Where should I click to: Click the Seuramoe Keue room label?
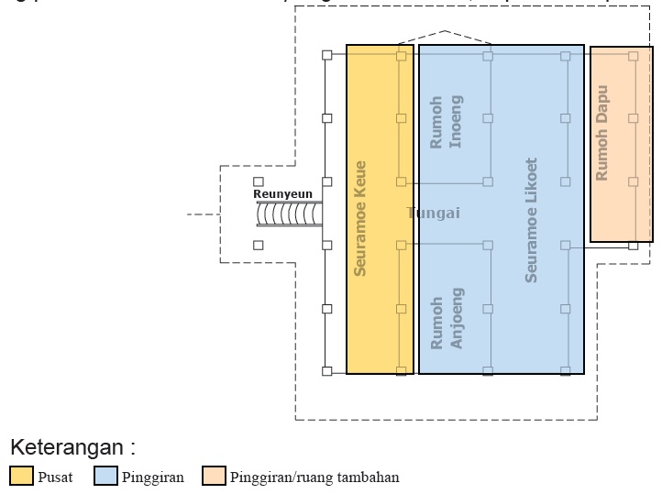pyautogui.click(x=360, y=218)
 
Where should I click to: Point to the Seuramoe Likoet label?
pyautogui.click(x=531, y=220)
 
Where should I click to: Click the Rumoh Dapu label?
pyautogui.click(x=602, y=134)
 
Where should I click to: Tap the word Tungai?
pyautogui.click(x=433, y=214)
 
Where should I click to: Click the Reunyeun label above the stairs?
pyautogui.click(x=282, y=194)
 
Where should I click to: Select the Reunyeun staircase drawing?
pyautogui.click(x=289, y=214)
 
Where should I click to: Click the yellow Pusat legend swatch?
pyautogui.click(x=21, y=477)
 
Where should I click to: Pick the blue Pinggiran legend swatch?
pyautogui.click(x=106, y=477)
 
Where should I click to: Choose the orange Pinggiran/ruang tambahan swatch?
pyautogui.click(x=215, y=477)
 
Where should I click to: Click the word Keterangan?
pyautogui.click(x=72, y=448)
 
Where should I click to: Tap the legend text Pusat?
pyautogui.click(x=55, y=478)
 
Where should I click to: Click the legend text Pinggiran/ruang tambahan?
pyautogui.click(x=314, y=478)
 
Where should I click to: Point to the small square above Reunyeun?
pyautogui.click(x=259, y=182)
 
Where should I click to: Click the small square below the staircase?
pyautogui.click(x=259, y=246)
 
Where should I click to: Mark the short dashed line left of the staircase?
pyautogui.click(x=202, y=214)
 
